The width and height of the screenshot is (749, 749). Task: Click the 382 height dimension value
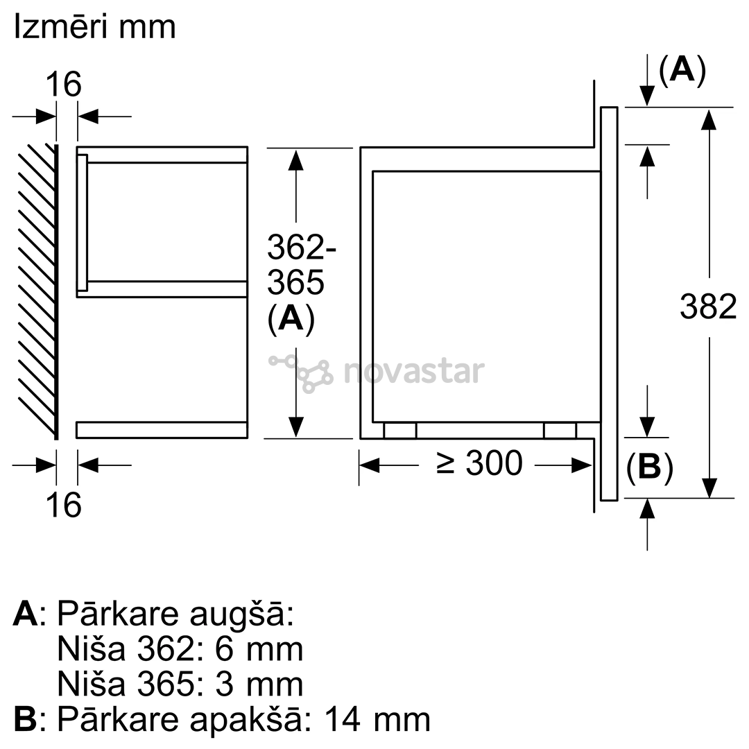tap(707, 306)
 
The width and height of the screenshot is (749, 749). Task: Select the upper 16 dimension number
tap(64, 85)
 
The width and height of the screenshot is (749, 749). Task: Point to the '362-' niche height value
tap(296, 247)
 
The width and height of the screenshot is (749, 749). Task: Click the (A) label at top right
tap(682, 70)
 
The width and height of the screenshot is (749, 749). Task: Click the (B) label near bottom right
tap(649, 469)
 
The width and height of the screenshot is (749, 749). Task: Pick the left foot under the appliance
tap(400, 431)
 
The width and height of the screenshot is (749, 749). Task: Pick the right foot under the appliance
tap(560, 431)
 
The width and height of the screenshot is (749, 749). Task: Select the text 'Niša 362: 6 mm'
tap(180, 649)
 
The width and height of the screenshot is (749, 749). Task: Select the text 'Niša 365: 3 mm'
tap(180, 684)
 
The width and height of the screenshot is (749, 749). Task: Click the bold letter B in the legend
tap(25, 719)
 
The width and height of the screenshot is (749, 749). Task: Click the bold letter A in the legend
tap(25, 614)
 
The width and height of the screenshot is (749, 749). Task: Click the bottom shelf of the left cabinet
tap(162, 430)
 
